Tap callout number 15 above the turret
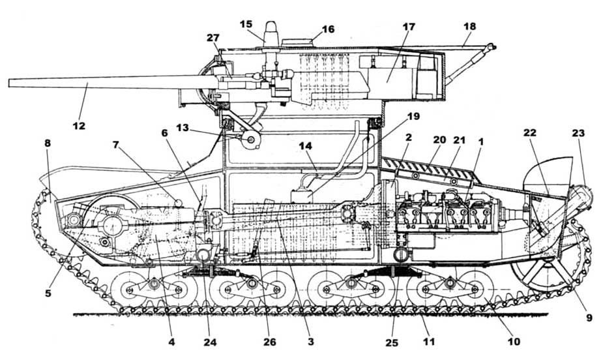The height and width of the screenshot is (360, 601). point(246,24)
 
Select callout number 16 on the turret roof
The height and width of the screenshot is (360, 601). point(327,29)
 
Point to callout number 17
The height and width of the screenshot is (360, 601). point(408,27)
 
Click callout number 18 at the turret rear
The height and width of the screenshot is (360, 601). point(470,26)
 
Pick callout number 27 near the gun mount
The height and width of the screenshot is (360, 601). point(213,38)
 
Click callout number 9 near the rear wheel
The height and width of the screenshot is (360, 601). point(589,318)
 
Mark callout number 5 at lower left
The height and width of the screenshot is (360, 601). point(48,293)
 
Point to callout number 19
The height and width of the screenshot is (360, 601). point(413,118)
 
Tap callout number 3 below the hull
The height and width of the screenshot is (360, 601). point(310,341)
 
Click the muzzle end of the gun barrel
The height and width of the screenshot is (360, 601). point(10,83)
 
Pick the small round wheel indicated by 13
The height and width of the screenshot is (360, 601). point(250,140)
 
